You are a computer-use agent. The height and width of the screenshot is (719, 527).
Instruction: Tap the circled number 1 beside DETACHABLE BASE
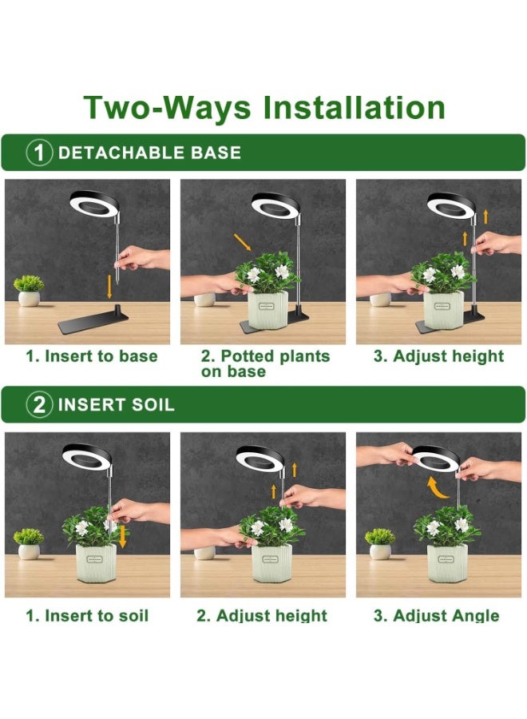[x=39, y=153]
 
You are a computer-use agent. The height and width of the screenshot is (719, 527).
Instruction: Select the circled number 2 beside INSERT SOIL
[x=39, y=405]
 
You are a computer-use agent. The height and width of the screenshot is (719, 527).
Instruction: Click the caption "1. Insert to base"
[x=92, y=356]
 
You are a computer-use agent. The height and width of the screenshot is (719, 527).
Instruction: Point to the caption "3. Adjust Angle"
[x=436, y=615]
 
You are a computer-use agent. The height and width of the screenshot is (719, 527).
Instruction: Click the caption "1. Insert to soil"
[x=87, y=615]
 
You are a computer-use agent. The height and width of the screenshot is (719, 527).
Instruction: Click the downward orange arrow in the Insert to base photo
[x=109, y=287]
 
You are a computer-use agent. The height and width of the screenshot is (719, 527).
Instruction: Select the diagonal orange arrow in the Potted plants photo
[x=243, y=242]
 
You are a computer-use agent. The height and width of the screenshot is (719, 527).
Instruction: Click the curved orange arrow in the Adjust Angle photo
[x=436, y=488]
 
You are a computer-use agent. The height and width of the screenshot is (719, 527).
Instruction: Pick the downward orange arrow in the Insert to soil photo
[x=122, y=537]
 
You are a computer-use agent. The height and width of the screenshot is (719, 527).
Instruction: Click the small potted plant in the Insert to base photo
[x=29, y=291]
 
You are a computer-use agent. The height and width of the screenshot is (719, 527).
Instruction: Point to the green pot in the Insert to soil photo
[x=96, y=564]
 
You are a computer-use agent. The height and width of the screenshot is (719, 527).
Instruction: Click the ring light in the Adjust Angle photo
[x=435, y=459]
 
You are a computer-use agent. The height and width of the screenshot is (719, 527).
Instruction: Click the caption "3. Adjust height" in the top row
[x=438, y=356]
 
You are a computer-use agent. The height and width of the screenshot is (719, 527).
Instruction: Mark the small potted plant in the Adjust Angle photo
[x=380, y=544]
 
